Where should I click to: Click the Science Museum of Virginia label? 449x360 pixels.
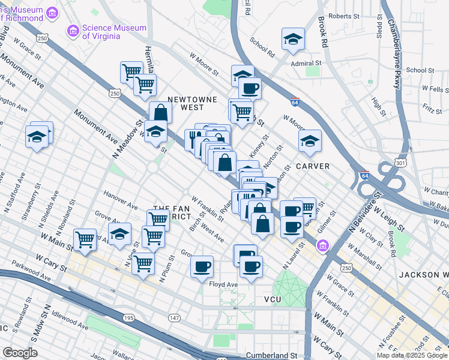tap(114, 32)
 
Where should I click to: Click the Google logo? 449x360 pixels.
tap(20, 353)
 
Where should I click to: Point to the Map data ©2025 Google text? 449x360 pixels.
tap(411, 355)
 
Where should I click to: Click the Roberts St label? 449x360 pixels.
tap(342, 16)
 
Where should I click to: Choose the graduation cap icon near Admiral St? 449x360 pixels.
tap(293, 39)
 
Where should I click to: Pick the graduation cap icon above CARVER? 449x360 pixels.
tap(310, 142)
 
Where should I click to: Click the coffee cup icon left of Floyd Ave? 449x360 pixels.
tap(202, 265)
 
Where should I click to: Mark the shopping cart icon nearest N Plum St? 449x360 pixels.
tap(144, 262)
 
